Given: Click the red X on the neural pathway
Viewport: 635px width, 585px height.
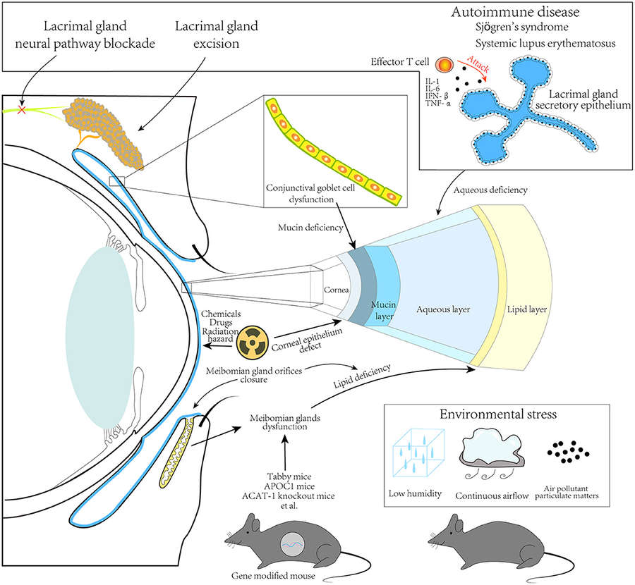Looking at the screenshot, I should click(x=23, y=111).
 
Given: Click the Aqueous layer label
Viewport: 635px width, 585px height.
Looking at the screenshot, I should click(x=443, y=309).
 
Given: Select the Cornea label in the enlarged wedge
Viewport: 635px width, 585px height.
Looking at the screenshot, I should click(x=334, y=290).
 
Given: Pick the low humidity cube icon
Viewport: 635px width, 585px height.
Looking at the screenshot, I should click(x=418, y=452).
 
